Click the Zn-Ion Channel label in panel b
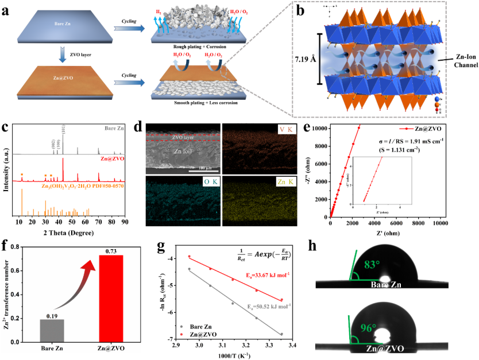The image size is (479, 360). click(x=457, y=60)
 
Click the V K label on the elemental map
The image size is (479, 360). click(x=278, y=130)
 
